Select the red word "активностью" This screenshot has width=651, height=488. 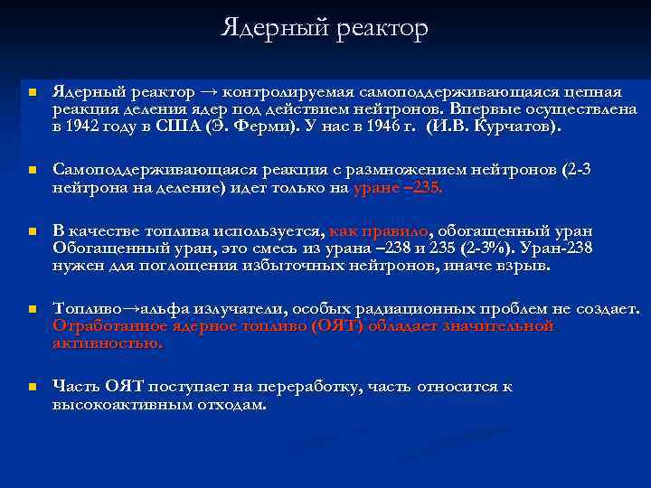tap(108, 343)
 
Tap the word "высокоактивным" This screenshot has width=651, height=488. tap(114, 404)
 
